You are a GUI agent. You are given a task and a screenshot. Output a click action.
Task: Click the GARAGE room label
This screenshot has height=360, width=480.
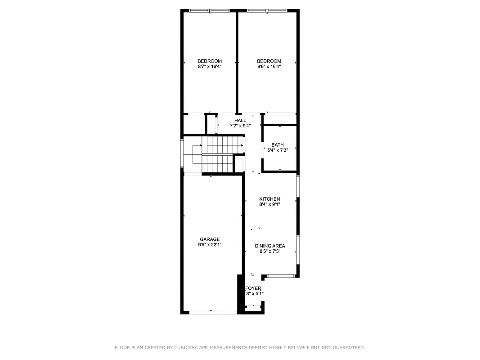click(210, 239)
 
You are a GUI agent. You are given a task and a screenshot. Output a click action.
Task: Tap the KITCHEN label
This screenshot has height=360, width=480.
click(269, 199)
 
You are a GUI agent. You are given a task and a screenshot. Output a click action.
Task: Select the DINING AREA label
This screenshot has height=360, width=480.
click(270, 246)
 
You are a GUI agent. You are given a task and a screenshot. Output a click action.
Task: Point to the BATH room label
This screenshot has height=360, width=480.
click(278, 145)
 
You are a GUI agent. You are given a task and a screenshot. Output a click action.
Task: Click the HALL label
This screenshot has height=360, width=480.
click(240, 121)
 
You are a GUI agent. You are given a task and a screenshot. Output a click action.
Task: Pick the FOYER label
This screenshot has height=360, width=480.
click(253, 288)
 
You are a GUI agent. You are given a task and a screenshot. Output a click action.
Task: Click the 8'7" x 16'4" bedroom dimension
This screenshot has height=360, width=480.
click(210, 67)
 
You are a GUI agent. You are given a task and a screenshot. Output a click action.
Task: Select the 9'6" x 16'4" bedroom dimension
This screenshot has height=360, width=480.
click(269, 67)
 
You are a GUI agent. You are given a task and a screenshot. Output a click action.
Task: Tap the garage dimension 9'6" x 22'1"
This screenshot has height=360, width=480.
click(210, 245)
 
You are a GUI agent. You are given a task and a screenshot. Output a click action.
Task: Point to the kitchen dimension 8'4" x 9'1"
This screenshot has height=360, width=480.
click(269, 204)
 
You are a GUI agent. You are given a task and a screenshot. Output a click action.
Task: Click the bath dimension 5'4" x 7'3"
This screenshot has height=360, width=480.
click(278, 150)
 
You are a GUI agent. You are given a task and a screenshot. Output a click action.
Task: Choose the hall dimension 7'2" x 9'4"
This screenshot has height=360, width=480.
click(240, 126)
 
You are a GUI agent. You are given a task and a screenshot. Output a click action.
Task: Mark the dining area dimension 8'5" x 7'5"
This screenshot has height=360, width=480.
click(270, 252)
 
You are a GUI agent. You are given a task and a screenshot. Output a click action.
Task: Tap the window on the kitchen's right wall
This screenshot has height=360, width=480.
click(298, 186)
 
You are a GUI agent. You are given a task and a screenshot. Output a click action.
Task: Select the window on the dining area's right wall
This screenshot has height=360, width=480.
click(298, 249)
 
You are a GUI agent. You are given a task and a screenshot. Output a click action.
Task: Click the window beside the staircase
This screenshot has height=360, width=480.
click(182, 153)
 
